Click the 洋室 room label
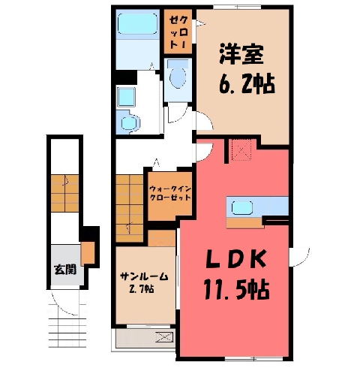241,54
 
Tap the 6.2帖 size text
247,84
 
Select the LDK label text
235,260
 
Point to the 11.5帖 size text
236,290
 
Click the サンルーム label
144,276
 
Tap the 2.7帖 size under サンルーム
141,289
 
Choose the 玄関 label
65,270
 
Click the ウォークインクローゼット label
170,193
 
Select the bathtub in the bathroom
137,23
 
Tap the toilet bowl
178,76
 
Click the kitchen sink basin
242,208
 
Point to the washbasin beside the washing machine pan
130,122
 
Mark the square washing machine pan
126,97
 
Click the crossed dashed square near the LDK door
241,149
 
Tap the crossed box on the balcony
164,336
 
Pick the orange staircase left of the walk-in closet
129,208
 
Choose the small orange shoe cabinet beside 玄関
88,253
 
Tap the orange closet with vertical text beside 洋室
178,32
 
